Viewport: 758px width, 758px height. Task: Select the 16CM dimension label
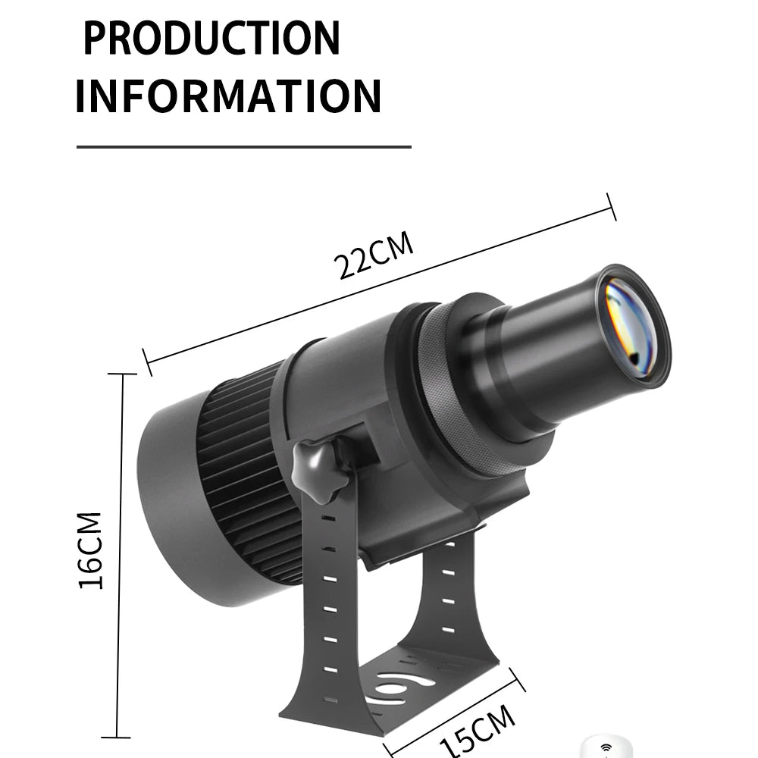point(90,550)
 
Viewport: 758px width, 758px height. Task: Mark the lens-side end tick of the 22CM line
point(611,205)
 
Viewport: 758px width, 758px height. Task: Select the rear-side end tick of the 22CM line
point(148,362)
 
